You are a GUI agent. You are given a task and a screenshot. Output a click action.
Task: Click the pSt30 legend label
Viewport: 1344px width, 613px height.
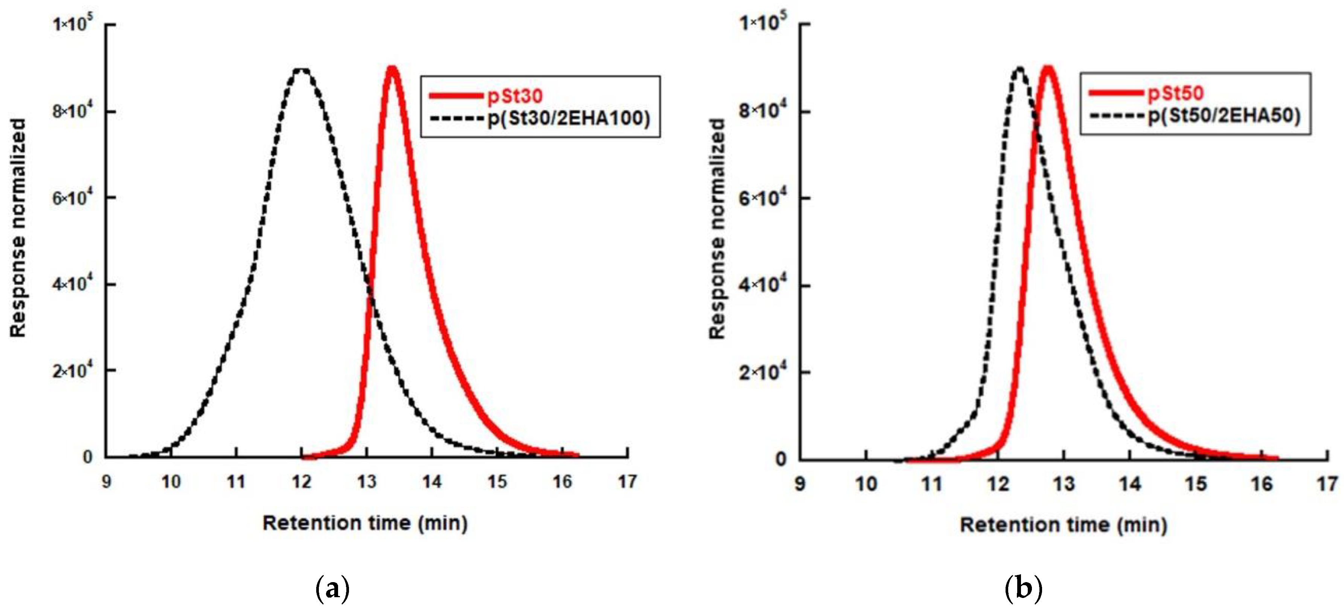[x=515, y=96]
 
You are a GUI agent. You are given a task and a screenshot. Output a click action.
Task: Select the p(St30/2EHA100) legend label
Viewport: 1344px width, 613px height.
[x=569, y=119]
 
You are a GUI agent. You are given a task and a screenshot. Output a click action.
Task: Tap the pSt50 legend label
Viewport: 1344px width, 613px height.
[x=1175, y=93]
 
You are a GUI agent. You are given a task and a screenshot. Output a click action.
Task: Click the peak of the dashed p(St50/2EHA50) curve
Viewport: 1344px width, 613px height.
[x=1019, y=69]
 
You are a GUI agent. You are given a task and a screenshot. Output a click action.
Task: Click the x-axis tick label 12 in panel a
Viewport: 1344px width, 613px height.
[x=302, y=482]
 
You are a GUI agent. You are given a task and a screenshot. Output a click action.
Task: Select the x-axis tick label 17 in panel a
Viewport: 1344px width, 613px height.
[x=627, y=482]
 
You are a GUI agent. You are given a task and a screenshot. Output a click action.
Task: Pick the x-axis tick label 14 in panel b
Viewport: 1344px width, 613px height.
[x=1129, y=484]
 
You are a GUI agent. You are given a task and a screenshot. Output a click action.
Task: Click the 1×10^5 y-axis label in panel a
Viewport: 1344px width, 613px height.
[x=73, y=23]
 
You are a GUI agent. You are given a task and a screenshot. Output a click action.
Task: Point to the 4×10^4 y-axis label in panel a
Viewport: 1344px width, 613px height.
[x=73, y=284]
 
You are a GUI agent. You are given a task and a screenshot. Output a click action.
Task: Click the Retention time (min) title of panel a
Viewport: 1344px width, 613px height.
[x=365, y=523]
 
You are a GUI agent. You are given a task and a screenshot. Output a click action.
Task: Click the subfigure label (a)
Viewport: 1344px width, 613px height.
[x=332, y=589]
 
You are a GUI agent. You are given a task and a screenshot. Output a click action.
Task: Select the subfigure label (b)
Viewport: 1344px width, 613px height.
[x=1023, y=589]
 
